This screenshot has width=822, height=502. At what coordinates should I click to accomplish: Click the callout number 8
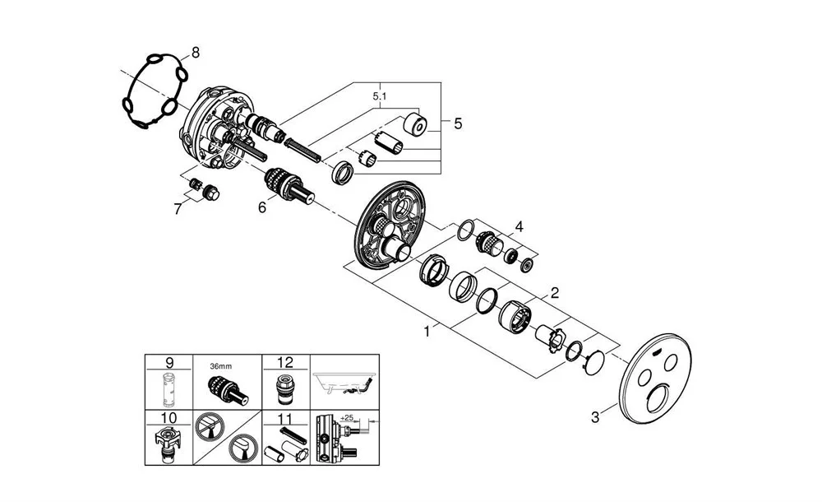pos(195,53)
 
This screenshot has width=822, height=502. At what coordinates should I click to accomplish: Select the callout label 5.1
pos(380,97)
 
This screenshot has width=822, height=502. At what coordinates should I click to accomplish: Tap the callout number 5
pos(457,123)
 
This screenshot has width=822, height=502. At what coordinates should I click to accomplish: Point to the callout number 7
pos(178,208)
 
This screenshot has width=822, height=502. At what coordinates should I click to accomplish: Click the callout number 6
pos(262,208)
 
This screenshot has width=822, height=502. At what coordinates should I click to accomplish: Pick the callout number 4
pos(518,225)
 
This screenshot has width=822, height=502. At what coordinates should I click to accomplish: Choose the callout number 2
pos(555,292)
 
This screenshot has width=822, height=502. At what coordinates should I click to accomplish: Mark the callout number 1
pos(427,332)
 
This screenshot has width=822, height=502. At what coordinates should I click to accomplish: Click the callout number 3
pos(596,417)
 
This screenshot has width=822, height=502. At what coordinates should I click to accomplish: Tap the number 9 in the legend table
pos(169,362)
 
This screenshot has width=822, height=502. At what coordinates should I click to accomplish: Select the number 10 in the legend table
pos(169,419)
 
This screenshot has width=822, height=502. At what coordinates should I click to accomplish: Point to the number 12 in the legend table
pos(286,362)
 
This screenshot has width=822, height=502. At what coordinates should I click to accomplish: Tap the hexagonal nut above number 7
pos(212,194)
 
